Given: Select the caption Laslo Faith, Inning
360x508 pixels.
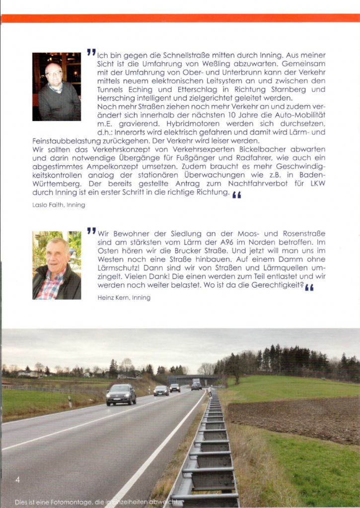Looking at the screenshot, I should click(59, 205).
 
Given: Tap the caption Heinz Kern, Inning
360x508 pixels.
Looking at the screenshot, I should click(124, 298).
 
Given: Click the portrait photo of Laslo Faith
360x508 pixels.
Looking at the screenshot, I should click(57, 87).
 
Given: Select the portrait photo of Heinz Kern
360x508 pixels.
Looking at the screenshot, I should click(57, 265).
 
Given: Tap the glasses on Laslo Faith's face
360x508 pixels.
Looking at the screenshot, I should click(53, 73).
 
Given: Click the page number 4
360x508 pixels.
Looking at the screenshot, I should click(18, 480).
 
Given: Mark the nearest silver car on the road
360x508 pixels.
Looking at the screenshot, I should click(121, 394).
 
